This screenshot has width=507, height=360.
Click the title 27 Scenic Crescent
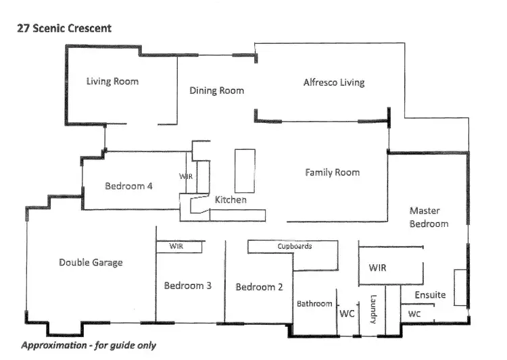64,28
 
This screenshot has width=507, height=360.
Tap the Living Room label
112,82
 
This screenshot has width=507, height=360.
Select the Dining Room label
216,91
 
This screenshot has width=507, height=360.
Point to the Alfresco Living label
333,82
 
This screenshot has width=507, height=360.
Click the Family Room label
332,172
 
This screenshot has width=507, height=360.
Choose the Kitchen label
231,200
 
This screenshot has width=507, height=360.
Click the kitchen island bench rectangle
244,170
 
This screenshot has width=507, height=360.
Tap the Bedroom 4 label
133,186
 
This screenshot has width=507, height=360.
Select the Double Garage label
91,262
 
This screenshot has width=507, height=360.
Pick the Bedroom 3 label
188,286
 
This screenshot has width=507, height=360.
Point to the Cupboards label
295,247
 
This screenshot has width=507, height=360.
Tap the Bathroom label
314,304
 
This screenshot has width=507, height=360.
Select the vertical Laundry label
372,308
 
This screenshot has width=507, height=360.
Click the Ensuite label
430,295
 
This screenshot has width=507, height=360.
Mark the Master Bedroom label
429,217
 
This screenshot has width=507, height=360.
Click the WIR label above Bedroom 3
176,246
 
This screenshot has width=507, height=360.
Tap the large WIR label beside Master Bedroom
377,268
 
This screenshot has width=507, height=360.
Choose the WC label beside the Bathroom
347,314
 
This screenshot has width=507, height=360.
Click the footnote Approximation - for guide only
89,345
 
